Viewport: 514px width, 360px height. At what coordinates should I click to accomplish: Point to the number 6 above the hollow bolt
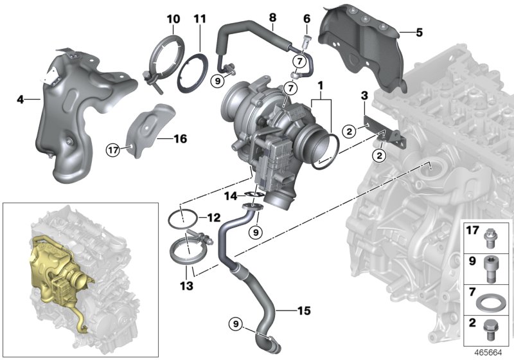[x=306, y=19]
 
